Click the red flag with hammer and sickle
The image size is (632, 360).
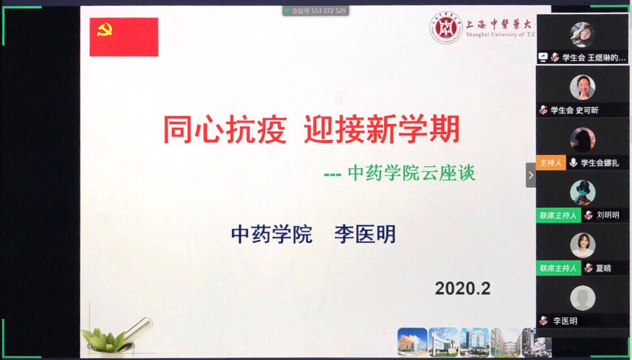click(124, 37)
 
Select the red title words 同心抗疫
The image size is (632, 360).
click(225, 130)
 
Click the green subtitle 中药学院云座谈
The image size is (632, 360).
click(411, 173)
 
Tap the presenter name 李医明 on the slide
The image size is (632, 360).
click(364, 234)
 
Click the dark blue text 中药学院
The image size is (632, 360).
click(272, 234)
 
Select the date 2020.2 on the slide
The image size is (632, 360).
click(462, 288)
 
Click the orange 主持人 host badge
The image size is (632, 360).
click(551, 162)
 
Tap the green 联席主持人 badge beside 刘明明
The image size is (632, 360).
click(558, 215)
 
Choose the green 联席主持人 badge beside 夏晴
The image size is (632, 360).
click(558, 268)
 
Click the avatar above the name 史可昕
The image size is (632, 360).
click(582, 87)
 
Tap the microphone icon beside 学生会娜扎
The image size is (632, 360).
click(573, 162)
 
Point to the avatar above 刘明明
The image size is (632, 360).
click(582, 192)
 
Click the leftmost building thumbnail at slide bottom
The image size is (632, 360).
click(412, 341)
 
